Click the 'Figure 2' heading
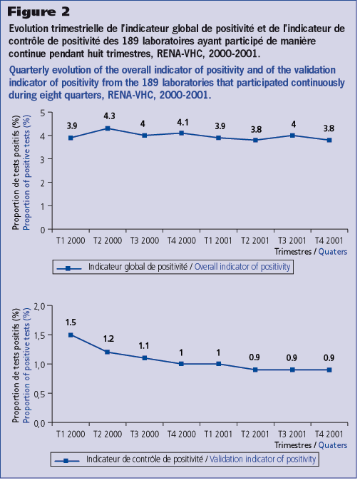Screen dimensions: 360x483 tap(38, 11)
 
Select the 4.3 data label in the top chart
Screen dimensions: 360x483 tap(109, 116)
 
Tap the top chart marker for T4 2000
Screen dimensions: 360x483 tap(182, 133)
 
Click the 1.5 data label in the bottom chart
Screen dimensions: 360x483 tap(71, 322)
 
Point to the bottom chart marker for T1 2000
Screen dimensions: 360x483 tap(71, 335)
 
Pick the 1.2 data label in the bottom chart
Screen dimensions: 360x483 tap(108, 339)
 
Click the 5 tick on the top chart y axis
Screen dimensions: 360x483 tap(43, 113)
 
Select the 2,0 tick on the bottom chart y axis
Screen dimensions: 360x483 tap(39, 306)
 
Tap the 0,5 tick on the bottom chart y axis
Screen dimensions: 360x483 tap(39, 393)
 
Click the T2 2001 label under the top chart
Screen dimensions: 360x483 tap(255, 240)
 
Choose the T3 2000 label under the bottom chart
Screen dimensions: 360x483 tap(145, 434)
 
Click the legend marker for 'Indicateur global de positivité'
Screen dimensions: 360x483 tap(69, 268)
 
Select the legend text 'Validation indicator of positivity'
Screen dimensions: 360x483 tap(263, 459)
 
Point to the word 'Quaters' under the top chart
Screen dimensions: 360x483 tap(333, 252)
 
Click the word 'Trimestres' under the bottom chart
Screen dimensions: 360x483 tap(293, 445)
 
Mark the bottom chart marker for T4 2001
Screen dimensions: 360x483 tap(329, 370)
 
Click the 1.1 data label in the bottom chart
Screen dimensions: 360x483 tap(144, 346)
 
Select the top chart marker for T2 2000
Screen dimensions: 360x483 tap(108, 128)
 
